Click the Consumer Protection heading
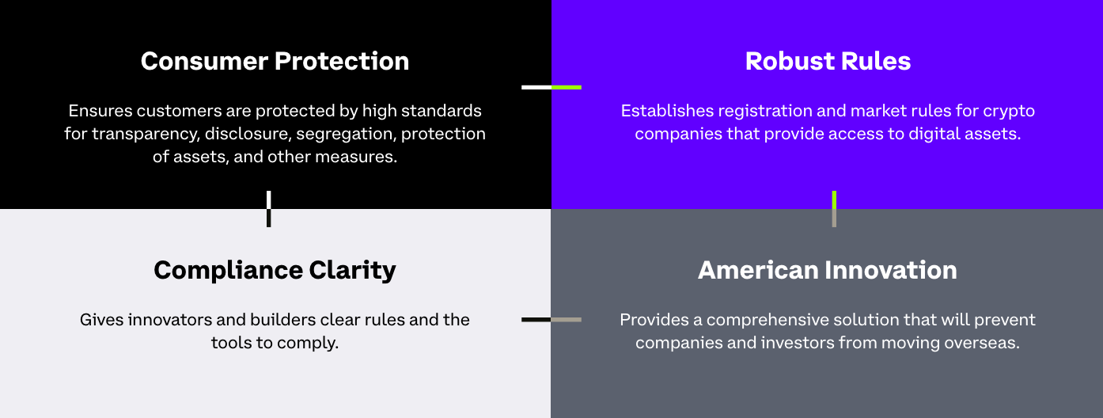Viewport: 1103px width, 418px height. (x=275, y=61)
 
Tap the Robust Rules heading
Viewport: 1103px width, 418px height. (x=828, y=61)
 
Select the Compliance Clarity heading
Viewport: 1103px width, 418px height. (x=275, y=270)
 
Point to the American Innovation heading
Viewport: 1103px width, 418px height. (x=828, y=270)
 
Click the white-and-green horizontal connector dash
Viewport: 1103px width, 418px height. (x=551, y=87)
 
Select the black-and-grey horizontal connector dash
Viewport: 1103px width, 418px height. (x=551, y=320)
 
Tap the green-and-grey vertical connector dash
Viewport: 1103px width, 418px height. (x=834, y=209)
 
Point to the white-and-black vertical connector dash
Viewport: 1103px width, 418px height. (x=269, y=209)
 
